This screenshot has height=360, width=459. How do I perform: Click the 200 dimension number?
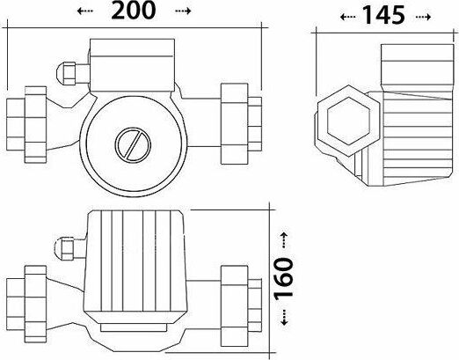(134, 11)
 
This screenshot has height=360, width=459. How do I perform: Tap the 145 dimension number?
(383, 15)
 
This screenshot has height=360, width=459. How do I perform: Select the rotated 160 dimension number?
(284, 279)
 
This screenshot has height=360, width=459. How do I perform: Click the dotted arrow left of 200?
(85, 11)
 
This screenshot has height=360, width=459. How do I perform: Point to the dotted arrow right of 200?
(183, 11)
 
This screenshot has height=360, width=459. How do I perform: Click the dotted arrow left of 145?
(348, 17)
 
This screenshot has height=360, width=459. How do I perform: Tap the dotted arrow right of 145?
(423, 17)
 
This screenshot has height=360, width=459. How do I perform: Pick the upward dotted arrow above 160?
(284, 240)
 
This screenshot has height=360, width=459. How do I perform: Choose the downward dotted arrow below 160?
(284, 318)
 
